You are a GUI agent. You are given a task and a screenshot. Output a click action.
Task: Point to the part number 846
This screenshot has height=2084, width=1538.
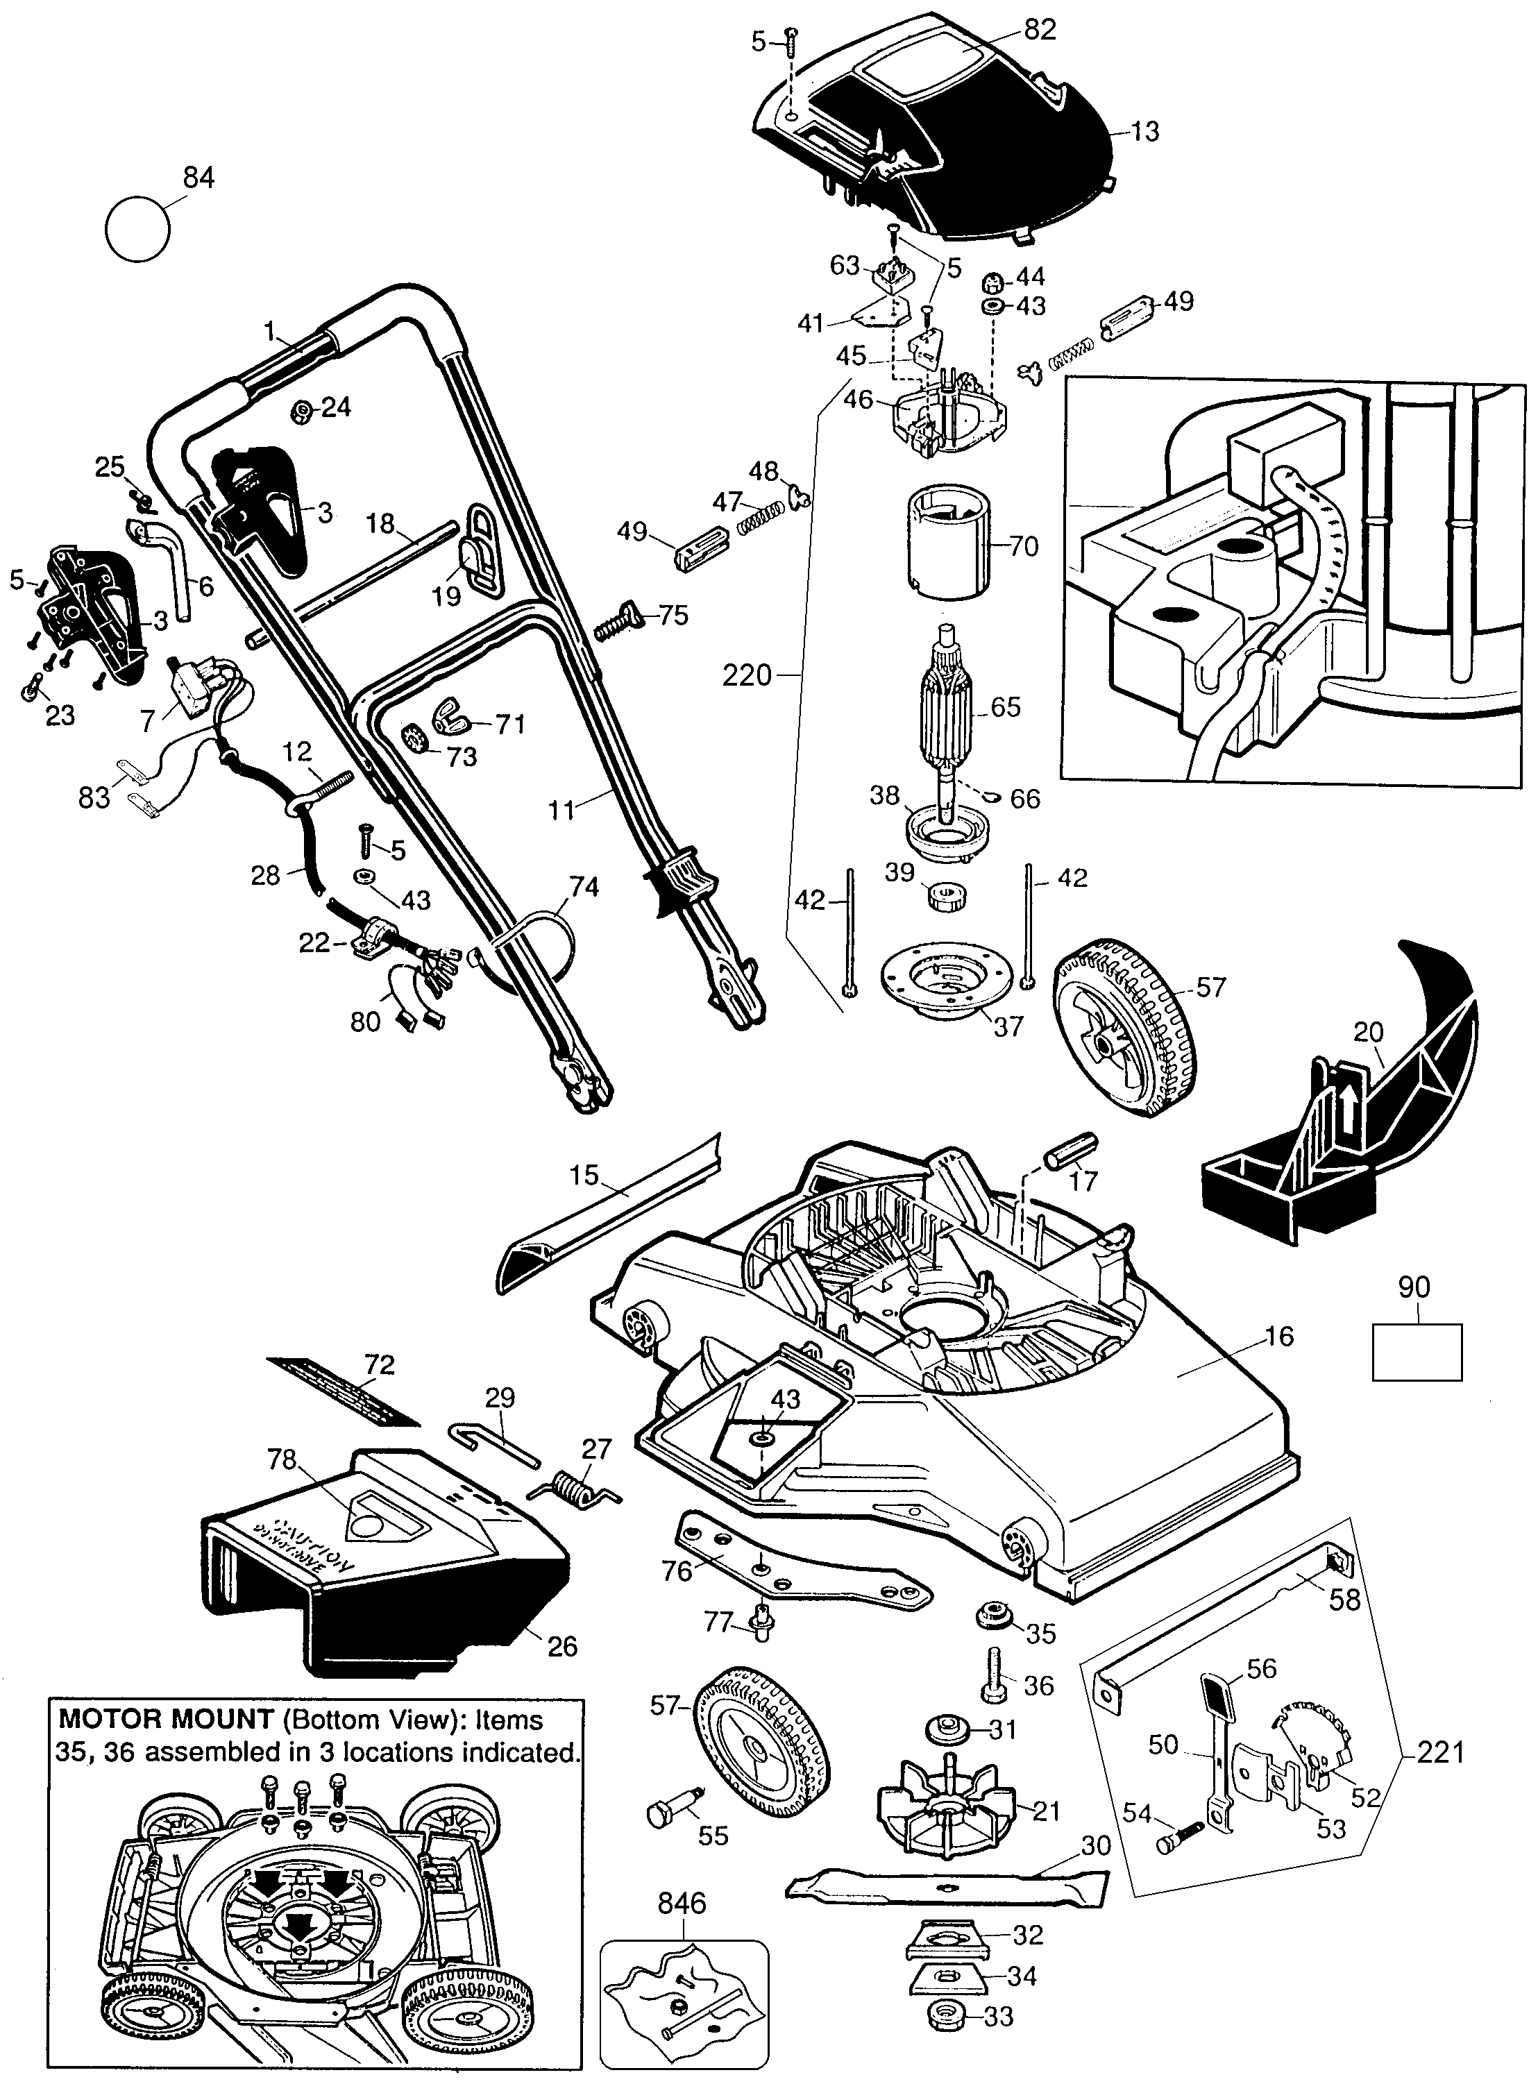pyautogui.click(x=682, y=1902)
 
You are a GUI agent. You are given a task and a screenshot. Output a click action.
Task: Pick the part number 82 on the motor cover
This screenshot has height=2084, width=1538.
pyautogui.click(x=1039, y=29)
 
